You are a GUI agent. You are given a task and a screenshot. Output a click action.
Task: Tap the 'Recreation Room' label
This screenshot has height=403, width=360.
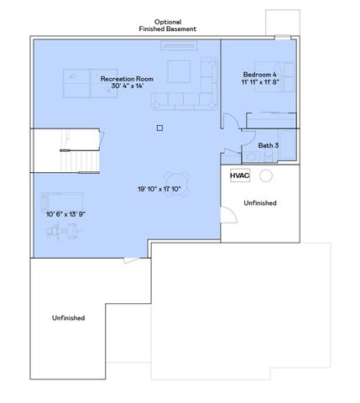pyautogui.click(x=125, y=78)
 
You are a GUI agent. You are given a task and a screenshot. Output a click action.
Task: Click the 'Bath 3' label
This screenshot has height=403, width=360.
pyautogui.click(x=268, y=146)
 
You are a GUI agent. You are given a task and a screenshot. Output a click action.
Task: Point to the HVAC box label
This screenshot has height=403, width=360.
pyautogui.click(x=240, y=176)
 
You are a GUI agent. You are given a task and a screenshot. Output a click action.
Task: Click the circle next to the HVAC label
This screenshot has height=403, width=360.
pyautogui.click(x=266, y=176)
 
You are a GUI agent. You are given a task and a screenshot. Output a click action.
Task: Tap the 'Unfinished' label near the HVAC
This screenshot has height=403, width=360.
pyautogui.click(x=259, y=203)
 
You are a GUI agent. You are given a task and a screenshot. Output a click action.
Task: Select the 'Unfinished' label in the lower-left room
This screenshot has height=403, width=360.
pyautogui.click(x=68, y=318)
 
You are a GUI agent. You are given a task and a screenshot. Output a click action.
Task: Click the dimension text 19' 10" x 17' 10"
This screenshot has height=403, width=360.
pyautogui.click(x=159, y=188)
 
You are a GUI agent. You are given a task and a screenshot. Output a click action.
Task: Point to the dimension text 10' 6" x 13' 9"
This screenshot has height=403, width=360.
pyautogui.click(x=66, y=214)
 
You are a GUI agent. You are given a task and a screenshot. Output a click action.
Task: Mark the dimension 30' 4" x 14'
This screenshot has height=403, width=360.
pyautogui.click(x=125, y=86)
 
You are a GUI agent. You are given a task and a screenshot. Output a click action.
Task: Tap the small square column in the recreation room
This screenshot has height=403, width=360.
pyautogui.click(x=159, y=128)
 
